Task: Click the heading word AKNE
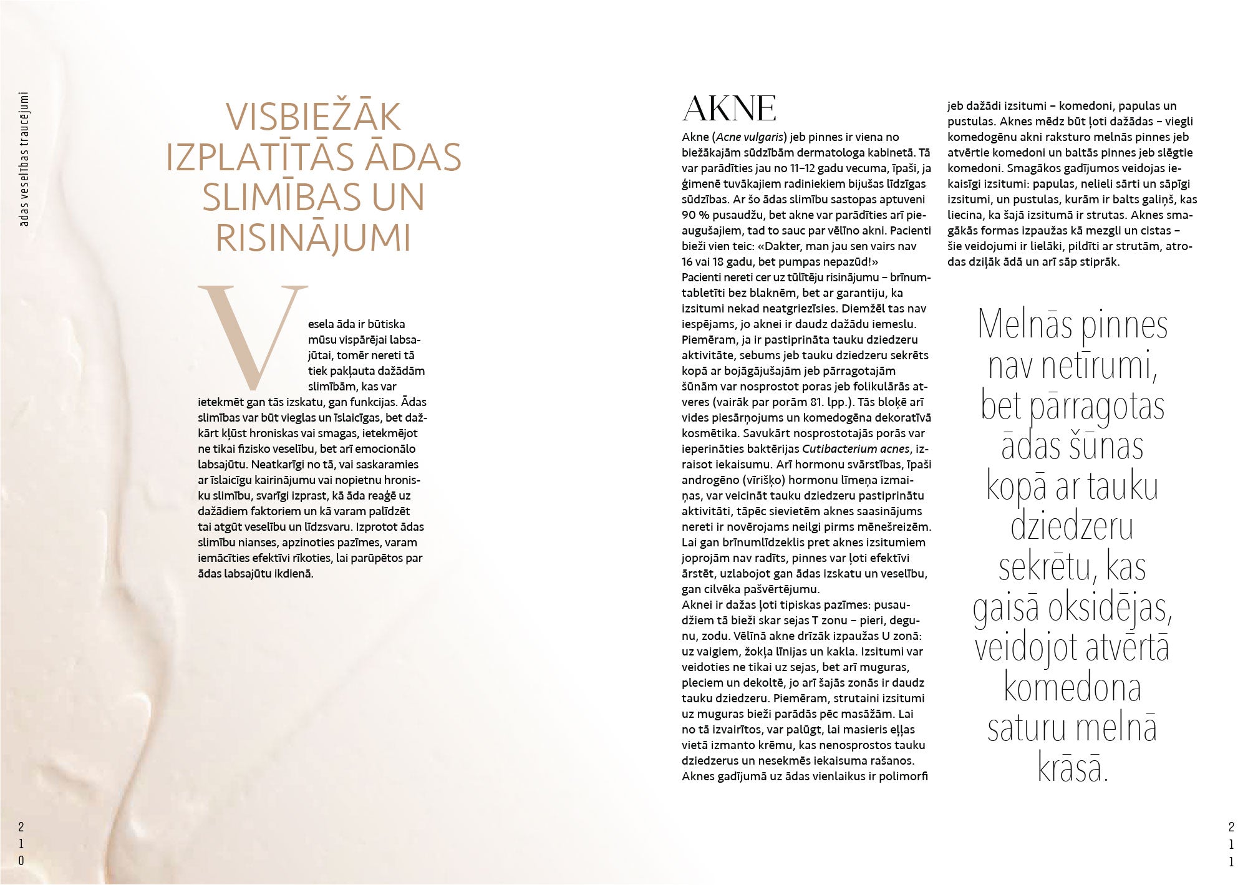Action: pos(730,110)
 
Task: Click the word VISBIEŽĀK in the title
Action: pos(313,117)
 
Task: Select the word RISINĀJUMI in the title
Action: pos(313,237)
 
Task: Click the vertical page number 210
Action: pos(21,844)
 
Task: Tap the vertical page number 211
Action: pos(1231,844)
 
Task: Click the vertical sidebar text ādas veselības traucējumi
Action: pos(24,160)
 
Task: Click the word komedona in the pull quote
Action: pos(1072,688)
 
